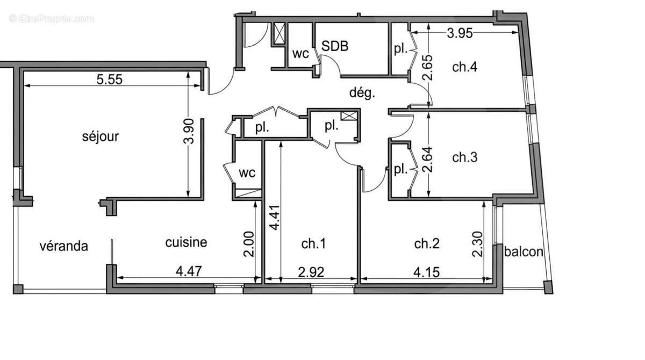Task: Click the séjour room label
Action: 101,136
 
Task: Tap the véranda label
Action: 64,246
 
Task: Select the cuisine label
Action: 185,242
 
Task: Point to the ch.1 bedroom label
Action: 313,244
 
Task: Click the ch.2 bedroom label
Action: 427,244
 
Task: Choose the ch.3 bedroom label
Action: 465,157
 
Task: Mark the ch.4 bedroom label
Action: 465,67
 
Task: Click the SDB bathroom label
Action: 335,46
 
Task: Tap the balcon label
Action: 524,251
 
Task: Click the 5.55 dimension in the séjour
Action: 110,80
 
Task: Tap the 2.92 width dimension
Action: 311,271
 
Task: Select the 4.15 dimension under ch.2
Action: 426,271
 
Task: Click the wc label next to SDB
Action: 300,54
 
